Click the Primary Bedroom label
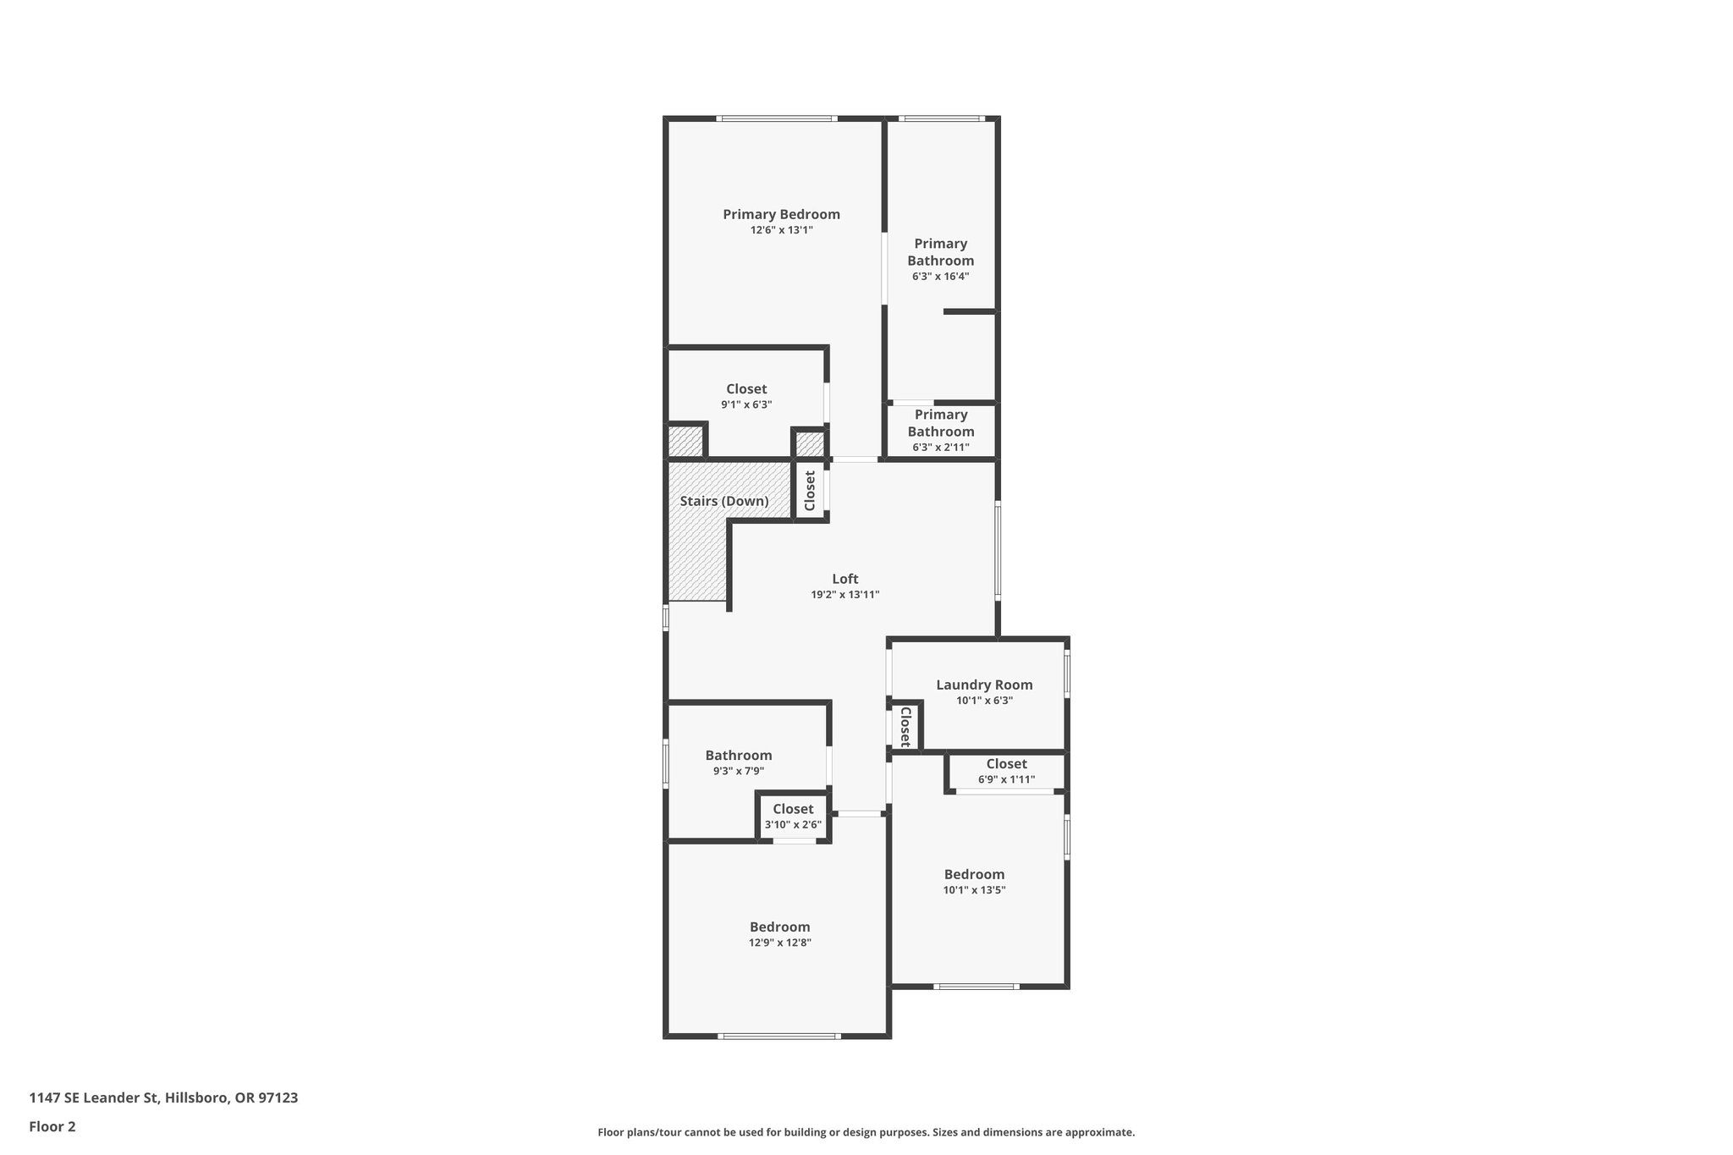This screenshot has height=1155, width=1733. [781, 214]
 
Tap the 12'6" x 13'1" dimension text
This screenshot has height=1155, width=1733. [781, 230]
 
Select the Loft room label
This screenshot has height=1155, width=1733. [844, 579]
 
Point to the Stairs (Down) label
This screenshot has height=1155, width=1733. [724, 501]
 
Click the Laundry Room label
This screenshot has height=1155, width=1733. [984, 685]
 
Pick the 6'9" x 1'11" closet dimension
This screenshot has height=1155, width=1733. [1006, 779]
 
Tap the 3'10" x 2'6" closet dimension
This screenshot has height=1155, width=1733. [793, 825]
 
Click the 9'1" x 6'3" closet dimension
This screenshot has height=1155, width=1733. [746, 404]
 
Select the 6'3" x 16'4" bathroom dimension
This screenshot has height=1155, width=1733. [940, 276]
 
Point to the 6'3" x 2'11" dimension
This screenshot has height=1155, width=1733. [940, 447]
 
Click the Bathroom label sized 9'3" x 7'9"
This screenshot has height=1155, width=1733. [739, 756]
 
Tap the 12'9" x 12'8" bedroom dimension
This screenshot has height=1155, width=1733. [779, 943]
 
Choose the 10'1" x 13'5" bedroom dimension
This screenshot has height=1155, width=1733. [974, 890]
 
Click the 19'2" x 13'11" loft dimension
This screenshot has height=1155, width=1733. [844, 595]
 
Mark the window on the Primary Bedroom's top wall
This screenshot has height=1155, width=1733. [777, 118]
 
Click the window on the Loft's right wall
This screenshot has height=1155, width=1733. [998, 551]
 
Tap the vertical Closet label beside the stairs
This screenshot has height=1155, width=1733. [810, 491]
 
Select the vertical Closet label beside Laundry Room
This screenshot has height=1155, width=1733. [905, 727]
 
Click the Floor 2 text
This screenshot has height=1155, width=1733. [52, 1126]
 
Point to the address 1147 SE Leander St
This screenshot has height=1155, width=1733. [163, 1097]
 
